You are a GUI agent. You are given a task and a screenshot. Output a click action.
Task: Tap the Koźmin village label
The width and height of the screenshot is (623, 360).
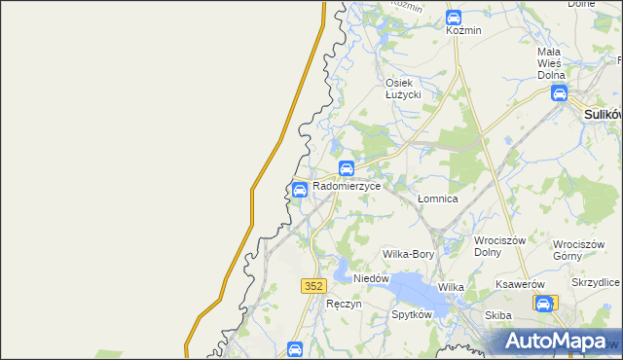click(463, 30)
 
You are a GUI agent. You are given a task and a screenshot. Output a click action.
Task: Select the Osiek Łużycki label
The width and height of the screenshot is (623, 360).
click(402, 89)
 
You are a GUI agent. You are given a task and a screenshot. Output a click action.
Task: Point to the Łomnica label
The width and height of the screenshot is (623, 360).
click(437, 198)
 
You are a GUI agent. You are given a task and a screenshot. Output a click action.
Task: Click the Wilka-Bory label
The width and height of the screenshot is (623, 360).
click(408, 254)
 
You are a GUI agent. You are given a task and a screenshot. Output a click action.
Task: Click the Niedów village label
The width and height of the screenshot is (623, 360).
click(371, 278)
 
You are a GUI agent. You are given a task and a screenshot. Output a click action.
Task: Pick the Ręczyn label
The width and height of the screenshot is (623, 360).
click(345, 304)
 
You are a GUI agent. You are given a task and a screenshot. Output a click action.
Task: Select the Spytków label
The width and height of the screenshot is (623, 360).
click(411, 315)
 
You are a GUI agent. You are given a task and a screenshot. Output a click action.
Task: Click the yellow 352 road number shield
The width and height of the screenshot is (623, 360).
click(312, 285)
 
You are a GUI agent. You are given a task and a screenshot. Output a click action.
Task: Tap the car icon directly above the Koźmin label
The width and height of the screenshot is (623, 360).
click(454, 17)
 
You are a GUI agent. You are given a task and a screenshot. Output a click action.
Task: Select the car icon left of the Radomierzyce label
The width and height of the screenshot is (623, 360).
click(300, 189)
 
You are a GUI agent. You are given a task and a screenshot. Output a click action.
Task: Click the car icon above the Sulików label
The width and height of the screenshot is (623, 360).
click(559, 93)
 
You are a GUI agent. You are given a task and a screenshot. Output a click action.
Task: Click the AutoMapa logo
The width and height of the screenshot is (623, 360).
click(555, 342)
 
